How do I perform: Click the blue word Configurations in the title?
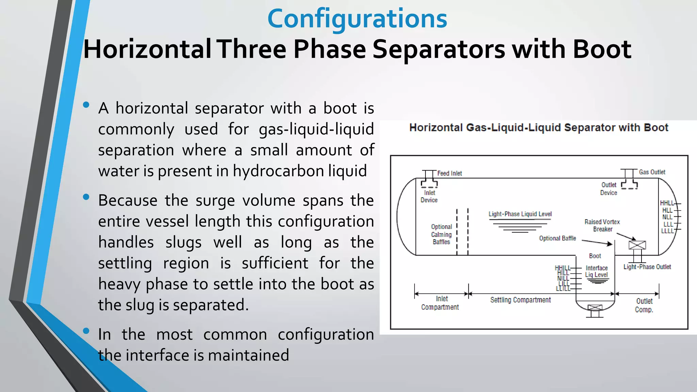tap(357, 18)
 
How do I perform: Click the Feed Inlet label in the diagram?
tap(449, 173)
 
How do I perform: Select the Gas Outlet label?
tap(652, 172)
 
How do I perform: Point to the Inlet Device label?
tap(429, 196)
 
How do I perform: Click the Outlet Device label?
tap(609, 189)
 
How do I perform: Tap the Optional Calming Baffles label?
tap(441, 234)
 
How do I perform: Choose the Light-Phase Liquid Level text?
tap(520, 214)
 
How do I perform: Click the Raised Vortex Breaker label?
tap(602, 225)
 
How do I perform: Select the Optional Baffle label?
tap(557, 238)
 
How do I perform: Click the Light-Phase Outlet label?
tap(647, 267)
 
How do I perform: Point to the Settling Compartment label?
tap(520, 300)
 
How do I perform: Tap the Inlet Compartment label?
tap(440, 303)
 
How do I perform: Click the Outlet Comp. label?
tap(644, 305)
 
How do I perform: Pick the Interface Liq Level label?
tap(596, 271)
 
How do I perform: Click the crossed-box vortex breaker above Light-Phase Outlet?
tap(637, 245)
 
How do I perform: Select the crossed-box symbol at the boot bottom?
tap(595, 308)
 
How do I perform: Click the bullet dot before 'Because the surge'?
tap(86, 197)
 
